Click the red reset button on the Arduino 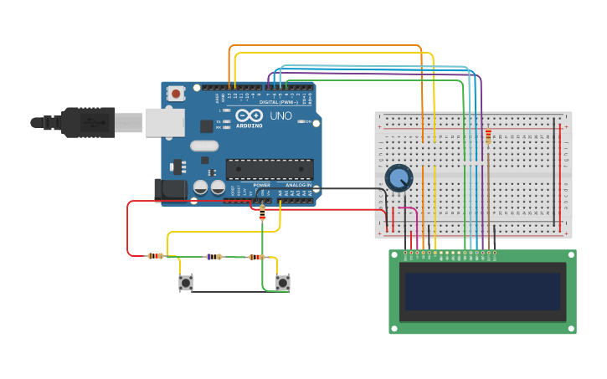[x=176, y=94]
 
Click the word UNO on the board [x=281, y=116]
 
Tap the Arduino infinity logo [x=249, y=116]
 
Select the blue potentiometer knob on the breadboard [x=399, y=177]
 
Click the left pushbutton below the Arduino [x=186, y=283]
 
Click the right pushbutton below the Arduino [x=283, y=283]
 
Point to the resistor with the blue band [x=214, y=257]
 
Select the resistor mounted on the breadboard [x=488, y=136]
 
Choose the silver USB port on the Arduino [x=164, y=122]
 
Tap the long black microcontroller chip [x=270, y=169]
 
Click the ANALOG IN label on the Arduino [x=297, y=185]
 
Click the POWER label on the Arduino [x=262, y=185]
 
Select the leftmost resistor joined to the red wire [x=155, y=256]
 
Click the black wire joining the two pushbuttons [x=234, y=291]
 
